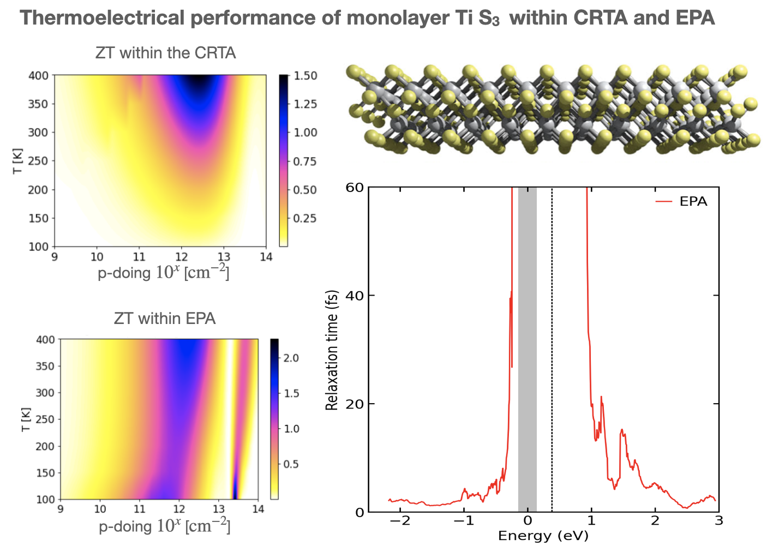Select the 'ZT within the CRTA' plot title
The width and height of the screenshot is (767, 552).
coord(165,53)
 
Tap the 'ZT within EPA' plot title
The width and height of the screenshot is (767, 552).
coord(165,319)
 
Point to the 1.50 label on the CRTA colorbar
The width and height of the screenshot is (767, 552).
coord(305,76)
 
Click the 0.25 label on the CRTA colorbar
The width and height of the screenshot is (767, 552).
coord(305,218)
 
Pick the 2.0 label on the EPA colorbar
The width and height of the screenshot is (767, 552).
coord(291,358)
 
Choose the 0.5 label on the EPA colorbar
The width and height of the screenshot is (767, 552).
coord(291,464)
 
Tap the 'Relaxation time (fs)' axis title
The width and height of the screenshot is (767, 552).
coord(332,350)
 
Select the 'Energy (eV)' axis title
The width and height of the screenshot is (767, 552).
coord(543,536)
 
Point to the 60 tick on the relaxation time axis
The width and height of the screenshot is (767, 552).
coord(355,188)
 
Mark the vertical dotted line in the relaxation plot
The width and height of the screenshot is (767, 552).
coord(552,349)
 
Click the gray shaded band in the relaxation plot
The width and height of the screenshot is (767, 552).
coord(528,349)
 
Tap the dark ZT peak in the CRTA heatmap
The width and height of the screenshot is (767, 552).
coord(200,82)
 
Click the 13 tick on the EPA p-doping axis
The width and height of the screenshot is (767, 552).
coord(218,509)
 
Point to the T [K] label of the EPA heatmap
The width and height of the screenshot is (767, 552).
coord(26,419)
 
